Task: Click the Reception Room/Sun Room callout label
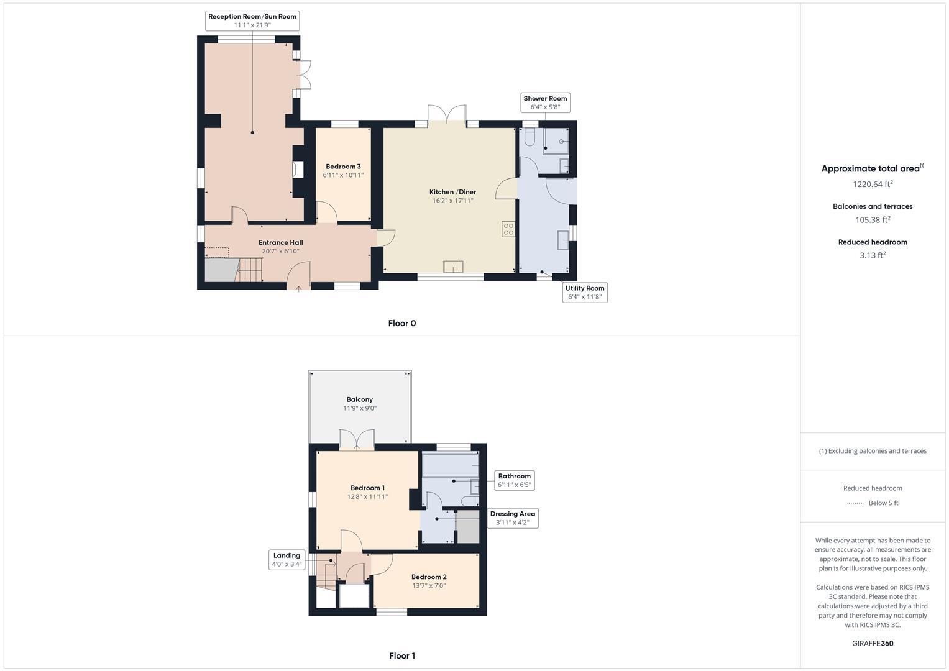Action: click(x=252, y=21)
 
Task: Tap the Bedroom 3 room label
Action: click(x=343, y=170)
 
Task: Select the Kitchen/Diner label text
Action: click(x=452, y=196)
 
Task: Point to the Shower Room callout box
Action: click(x=545, y=103)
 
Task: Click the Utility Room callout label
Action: click(x=585, y=292)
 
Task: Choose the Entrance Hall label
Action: click(x=281, y=247)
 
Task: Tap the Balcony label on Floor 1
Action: click(x=360, y=404)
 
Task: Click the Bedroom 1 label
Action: click(x=367, y=492)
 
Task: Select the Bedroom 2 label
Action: click(x=429, y=581)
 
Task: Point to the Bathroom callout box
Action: click(x=514, y=480)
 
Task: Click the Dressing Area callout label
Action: click(x=512, y=518)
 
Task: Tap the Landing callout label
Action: click(x=287, y=560)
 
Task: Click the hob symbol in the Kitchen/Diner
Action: click(x=508, y=229)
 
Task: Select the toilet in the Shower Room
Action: click(x=530, y=136)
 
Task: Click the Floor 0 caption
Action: click(x=401, y=323)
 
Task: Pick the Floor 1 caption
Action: click(x=401, y=655)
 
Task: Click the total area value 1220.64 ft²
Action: click(x=873, y=184)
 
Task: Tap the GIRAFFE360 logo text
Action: click(x=873, y=643)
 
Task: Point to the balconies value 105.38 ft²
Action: click(x=873, y=220)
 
